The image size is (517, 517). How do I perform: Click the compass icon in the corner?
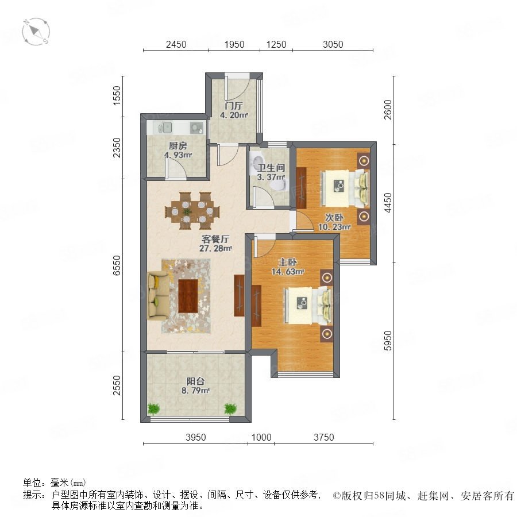click(x=36, y=32)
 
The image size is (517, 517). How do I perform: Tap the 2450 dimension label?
click(x=176, y=44)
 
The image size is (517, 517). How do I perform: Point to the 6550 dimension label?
click(x=117, y=265)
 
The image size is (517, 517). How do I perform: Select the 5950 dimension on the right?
click(x=388, y=341)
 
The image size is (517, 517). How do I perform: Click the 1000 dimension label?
click(x=261, y=437)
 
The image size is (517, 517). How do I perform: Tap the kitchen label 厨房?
click(x=178, y=145)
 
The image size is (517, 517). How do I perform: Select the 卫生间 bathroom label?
click(x=271, y=168)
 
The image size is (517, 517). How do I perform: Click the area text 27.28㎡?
click(x=215, y=248)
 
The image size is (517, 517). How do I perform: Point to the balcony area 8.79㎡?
click(x=195, y=391)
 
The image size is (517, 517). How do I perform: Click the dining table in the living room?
click(x=192, y=211)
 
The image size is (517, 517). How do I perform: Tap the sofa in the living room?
click(x=158, y=295)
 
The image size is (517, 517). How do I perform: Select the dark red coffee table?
click(x=188, y=296)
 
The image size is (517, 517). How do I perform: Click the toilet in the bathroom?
click(x=279, y=186)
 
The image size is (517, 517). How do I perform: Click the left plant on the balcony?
click(x=153, y=408)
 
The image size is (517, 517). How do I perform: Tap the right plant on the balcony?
click(x=230, y=408)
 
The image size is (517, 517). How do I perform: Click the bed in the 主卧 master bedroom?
click(x=308, y=306)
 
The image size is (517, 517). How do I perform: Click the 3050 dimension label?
click(x=333, y=44)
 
